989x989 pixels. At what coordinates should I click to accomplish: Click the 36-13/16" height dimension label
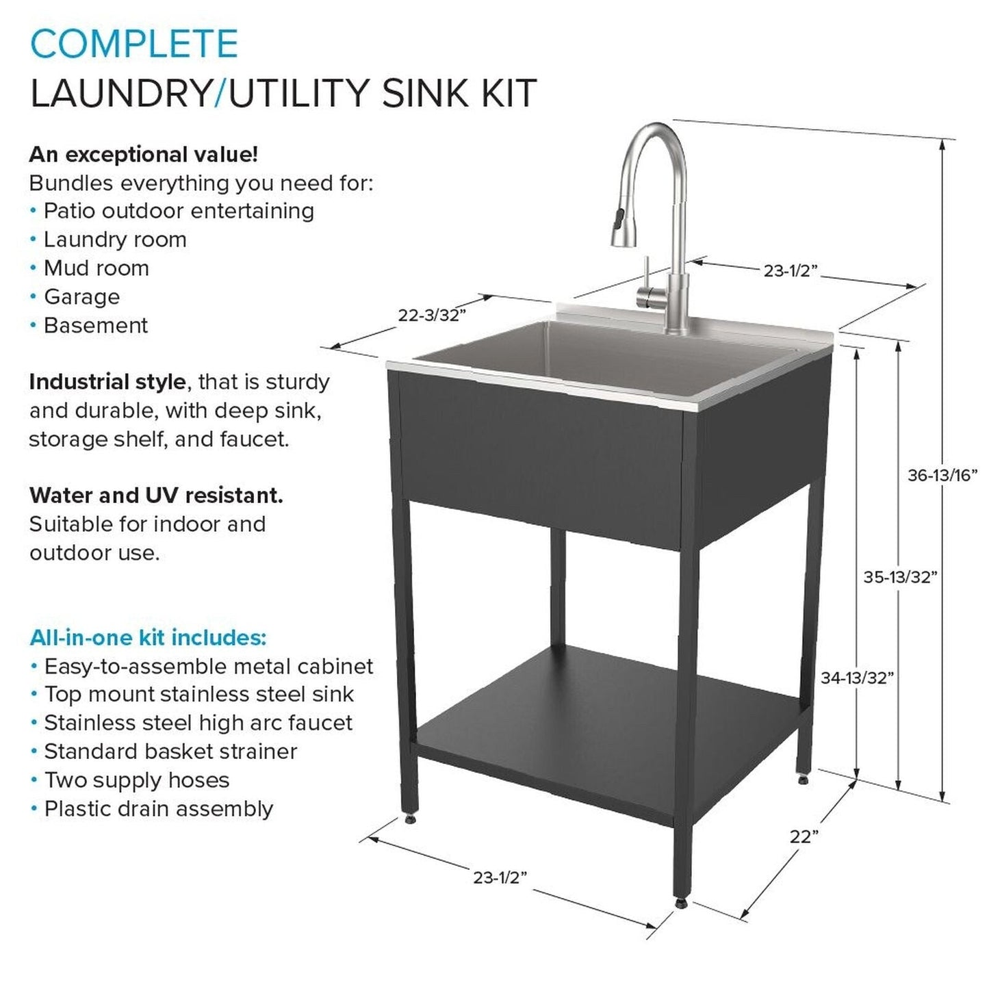point(942,475)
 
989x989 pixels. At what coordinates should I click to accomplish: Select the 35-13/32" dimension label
point(899,577)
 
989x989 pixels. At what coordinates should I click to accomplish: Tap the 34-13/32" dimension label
point(857,678)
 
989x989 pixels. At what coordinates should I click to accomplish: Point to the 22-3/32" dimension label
point(432,315)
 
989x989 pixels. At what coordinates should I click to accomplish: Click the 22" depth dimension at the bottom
point(804,836)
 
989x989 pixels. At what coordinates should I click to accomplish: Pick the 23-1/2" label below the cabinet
point(500,877)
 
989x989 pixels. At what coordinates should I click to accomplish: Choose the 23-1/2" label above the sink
point(791,271)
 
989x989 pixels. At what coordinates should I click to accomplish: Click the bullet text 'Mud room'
point(96,268)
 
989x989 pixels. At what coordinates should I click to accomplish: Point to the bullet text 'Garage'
point(81,297)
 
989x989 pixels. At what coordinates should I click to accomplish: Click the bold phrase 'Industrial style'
point(107,382)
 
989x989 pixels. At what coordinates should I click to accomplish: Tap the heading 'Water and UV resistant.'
point(156,496)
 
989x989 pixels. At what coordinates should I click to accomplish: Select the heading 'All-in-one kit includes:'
point(148,638)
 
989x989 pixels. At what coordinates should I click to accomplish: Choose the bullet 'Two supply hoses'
point(136,780)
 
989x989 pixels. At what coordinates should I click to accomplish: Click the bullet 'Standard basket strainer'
point(170,752)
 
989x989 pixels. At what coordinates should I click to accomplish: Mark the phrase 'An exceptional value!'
point(144,155)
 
